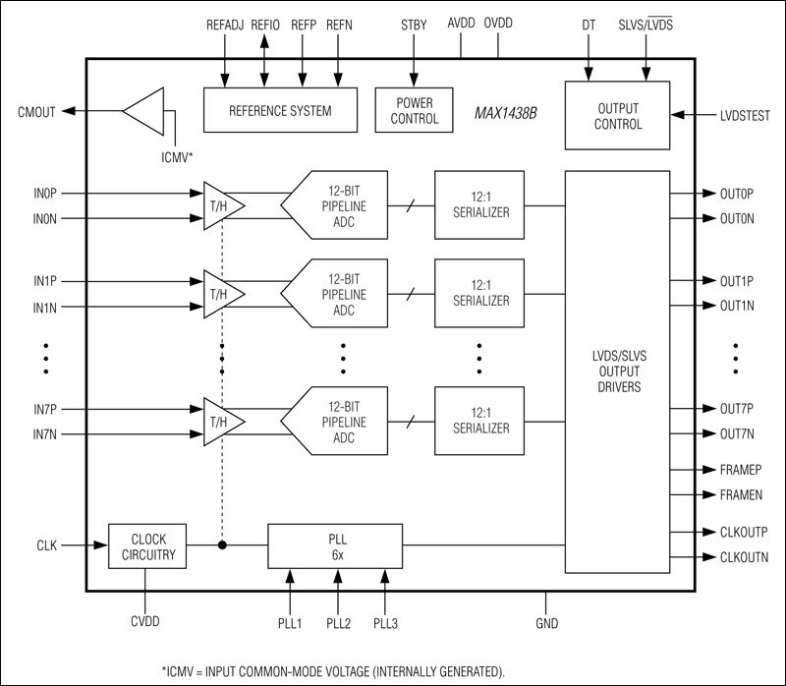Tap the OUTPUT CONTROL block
[618, 116]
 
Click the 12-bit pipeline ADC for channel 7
[335, 422]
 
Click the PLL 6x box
[335, 544]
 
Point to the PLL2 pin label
[338, 622]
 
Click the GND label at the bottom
[547, 622]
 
